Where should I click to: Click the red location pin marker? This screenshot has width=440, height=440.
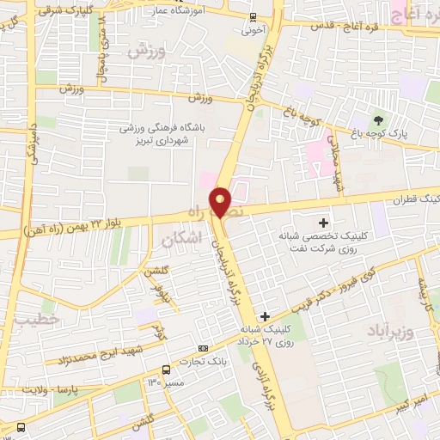point(221,202)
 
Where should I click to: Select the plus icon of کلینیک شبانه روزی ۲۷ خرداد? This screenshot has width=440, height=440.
point(265,316)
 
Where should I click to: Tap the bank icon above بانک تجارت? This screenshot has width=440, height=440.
point(203,347)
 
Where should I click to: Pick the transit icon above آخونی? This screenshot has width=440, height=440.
point(251,16)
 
